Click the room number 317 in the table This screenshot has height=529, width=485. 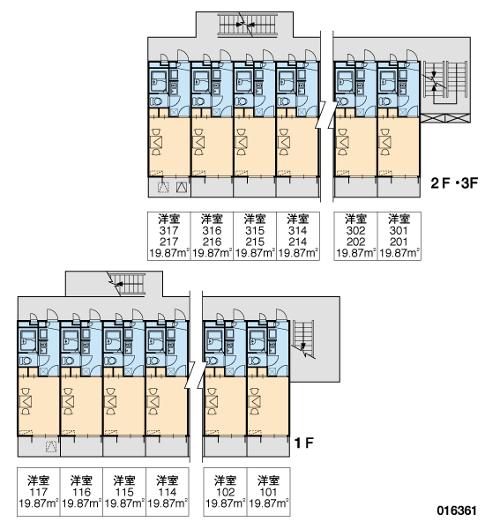pos(168,231)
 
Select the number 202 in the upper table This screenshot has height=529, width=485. pos(355,242)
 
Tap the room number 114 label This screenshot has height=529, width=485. pos(167,492)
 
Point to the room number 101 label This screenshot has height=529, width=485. pos(268,492)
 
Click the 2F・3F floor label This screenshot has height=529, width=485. pos(454,183)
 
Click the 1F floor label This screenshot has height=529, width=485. pos(304,443)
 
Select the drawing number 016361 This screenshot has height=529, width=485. pos(457,510)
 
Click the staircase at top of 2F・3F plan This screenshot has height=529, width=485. pos(248,24)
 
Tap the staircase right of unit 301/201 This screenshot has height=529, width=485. pos(444,83)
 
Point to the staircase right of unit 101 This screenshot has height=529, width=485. pos(303,339)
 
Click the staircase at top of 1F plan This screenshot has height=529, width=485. pos(128,283)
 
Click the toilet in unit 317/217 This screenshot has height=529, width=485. pos(155,101)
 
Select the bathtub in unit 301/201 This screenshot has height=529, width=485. pos(387,81)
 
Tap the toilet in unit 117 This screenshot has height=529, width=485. pos(26,361)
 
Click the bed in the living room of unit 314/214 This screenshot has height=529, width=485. pos(284,142)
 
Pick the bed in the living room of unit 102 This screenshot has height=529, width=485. pos(212,401)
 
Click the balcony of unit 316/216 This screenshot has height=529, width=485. pos(212,187)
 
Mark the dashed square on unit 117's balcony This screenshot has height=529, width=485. pos(51,446)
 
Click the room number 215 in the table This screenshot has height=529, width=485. pos(255,242)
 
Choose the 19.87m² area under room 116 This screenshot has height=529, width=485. pos(82,503)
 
